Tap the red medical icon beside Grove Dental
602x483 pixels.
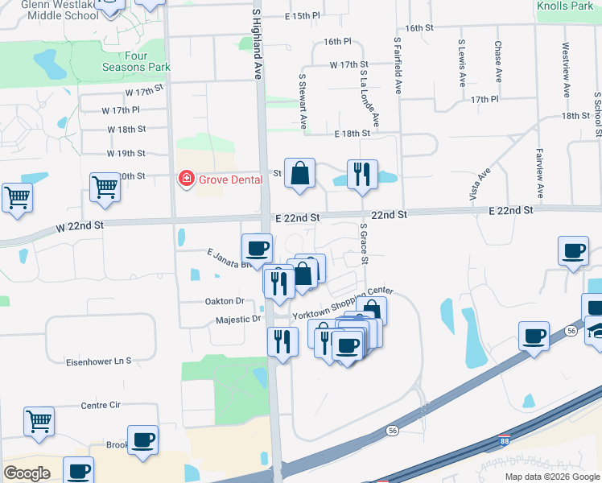pos(187,178)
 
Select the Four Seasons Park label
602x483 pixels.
pos(125,61)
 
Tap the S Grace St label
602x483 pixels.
pos(365,246)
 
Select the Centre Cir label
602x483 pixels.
pos(101,405)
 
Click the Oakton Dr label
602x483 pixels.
pos(225,301)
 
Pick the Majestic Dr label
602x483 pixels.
pos(239,319)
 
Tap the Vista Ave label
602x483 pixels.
pos(484,184)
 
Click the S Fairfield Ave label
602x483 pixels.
pos(398,64)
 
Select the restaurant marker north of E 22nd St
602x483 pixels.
pos(362,174)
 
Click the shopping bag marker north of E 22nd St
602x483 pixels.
pos(299,173)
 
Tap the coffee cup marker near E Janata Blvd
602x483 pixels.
pos(257,248)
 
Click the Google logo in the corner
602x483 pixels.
pos(27,473)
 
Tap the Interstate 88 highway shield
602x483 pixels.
pos(504,441)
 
